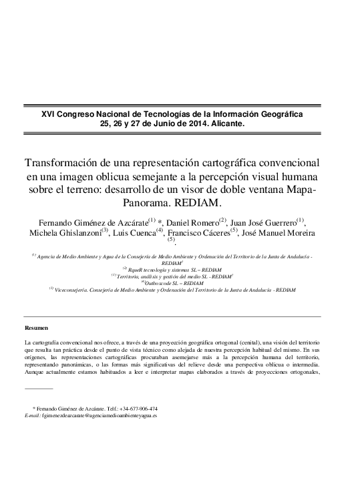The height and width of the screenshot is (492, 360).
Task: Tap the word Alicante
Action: (228, 124)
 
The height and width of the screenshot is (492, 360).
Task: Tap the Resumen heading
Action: (35, 328)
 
